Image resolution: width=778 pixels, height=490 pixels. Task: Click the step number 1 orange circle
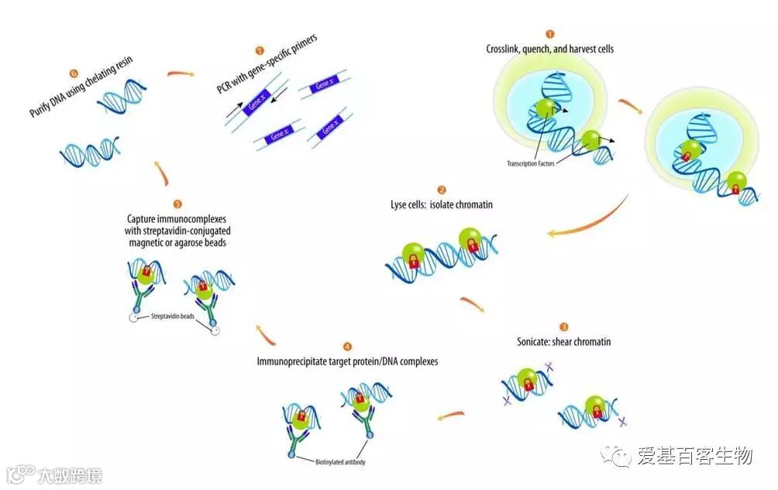pyautogui.click(x=550, y=35)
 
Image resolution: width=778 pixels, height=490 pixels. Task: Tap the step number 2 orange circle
pyautogui.click(x=441, y=190)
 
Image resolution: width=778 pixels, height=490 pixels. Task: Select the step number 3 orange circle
pyautogui.click(x=563, y=327)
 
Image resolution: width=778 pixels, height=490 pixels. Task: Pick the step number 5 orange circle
pyautogui.click(x=177, y=204)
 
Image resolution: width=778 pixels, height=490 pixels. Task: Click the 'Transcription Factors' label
pyautogui.click(x=531, y=163)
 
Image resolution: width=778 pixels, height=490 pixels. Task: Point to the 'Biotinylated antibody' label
pyautogui.click(x=340, y=463)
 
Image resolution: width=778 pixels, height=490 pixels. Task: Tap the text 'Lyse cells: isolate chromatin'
pyautogui.click(x=441, y=205)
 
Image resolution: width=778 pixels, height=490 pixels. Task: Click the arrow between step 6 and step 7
pyautogui.click(x=181, y=74)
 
